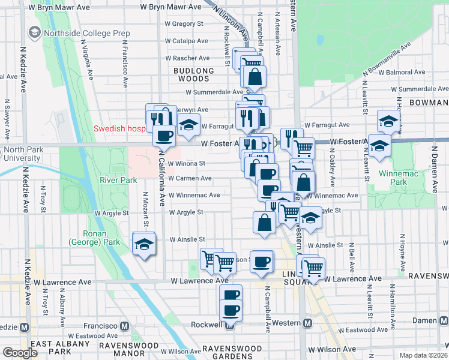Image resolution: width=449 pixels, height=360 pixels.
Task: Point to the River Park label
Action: (x=113, y=179)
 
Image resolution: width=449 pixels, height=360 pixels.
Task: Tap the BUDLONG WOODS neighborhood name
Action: (x=193, y=71)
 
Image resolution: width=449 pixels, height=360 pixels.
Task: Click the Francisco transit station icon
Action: (x=125, y=326)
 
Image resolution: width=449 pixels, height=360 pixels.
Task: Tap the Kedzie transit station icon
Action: (x=25, y=327)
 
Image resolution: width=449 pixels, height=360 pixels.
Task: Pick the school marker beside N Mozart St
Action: (x=144, y=244)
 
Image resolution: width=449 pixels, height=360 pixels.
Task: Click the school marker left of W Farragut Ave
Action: (x=188, y=126)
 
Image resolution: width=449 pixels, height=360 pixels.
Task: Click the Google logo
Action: (x=20, y=353)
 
